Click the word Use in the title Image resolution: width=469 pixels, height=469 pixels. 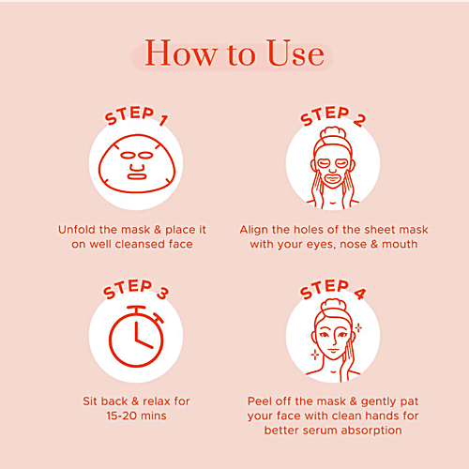295,53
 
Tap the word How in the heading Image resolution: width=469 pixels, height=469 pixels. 180,53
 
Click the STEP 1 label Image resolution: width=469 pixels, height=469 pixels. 136,115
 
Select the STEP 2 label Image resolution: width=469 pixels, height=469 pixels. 333,116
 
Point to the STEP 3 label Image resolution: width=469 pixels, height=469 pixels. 136,289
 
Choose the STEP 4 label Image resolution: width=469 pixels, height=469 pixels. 333,289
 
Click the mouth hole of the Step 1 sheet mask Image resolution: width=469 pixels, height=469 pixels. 137,176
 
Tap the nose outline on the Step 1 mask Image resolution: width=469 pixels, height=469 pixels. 137,167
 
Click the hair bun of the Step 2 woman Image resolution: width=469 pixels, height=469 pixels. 333,133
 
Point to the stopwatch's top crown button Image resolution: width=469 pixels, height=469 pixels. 136,310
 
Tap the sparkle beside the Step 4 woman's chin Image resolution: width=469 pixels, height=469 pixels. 315,355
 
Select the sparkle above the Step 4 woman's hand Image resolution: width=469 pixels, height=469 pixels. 358,327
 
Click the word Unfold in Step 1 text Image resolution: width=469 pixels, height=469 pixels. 77,230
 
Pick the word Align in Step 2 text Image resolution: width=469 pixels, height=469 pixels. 254,230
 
